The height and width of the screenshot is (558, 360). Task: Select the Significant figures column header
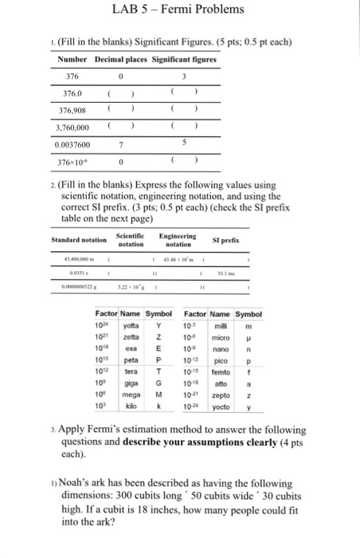[x=186, y=61]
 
